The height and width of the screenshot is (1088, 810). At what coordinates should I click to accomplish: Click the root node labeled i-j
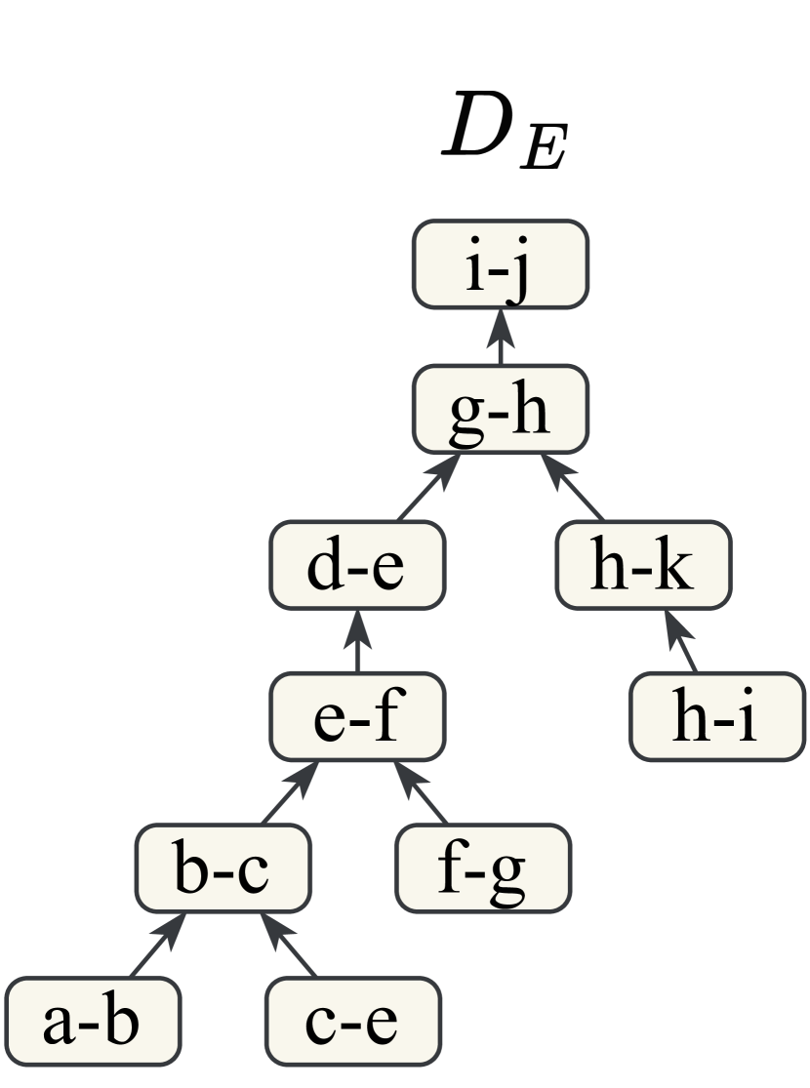pos(500,263)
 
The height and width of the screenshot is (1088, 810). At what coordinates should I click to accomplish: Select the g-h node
pos(500,410)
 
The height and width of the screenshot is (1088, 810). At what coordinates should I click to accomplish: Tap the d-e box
pos(357,566)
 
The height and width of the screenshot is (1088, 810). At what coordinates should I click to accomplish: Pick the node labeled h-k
pos(643,566)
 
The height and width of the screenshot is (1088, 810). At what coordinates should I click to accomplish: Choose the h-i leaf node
pos(716,718)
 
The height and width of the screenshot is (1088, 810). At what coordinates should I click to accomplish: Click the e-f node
pos(357,718)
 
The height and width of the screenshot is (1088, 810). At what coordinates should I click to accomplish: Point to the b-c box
pos(222,868)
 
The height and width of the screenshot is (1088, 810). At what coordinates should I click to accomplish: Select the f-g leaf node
pos(483,868)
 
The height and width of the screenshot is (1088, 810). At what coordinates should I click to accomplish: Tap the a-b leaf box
pos(94,1020)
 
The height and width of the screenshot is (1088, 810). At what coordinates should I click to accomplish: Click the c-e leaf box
pos(352,1020)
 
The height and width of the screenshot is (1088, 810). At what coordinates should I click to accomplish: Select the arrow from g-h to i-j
pos(500,337)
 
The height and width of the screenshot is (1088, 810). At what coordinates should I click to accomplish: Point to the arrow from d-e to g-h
pos(427,488)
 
